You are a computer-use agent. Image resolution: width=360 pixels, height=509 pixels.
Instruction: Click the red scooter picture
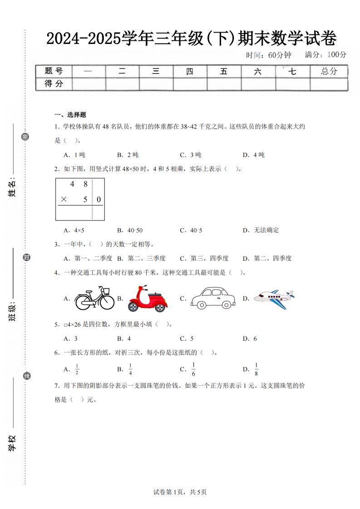(148, 299)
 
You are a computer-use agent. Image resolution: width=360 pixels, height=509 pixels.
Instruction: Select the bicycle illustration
(94, 299)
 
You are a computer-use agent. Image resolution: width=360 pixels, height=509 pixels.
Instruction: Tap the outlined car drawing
(213, 298)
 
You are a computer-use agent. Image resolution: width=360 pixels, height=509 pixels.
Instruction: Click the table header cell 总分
(329, 71)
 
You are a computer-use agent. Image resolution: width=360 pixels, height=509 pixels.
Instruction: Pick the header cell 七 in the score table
(292, 71)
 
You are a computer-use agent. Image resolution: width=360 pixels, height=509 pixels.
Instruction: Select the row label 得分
(54, 83)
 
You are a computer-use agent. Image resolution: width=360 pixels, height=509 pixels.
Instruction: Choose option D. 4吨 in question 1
(253, 155)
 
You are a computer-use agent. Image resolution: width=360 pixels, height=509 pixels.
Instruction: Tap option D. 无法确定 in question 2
(261, 230)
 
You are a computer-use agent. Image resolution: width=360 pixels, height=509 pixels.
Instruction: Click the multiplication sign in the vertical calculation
(64, 199)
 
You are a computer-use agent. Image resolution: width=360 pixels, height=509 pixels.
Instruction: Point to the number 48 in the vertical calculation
(79, 184)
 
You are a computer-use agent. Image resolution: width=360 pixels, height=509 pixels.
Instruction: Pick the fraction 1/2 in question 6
(77, 369)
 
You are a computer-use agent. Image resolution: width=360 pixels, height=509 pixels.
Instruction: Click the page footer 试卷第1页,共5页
(180, 492)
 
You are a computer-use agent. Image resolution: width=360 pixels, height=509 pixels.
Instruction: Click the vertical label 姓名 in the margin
(12, 187)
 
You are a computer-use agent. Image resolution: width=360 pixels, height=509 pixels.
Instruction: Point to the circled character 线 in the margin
(27, 376)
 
